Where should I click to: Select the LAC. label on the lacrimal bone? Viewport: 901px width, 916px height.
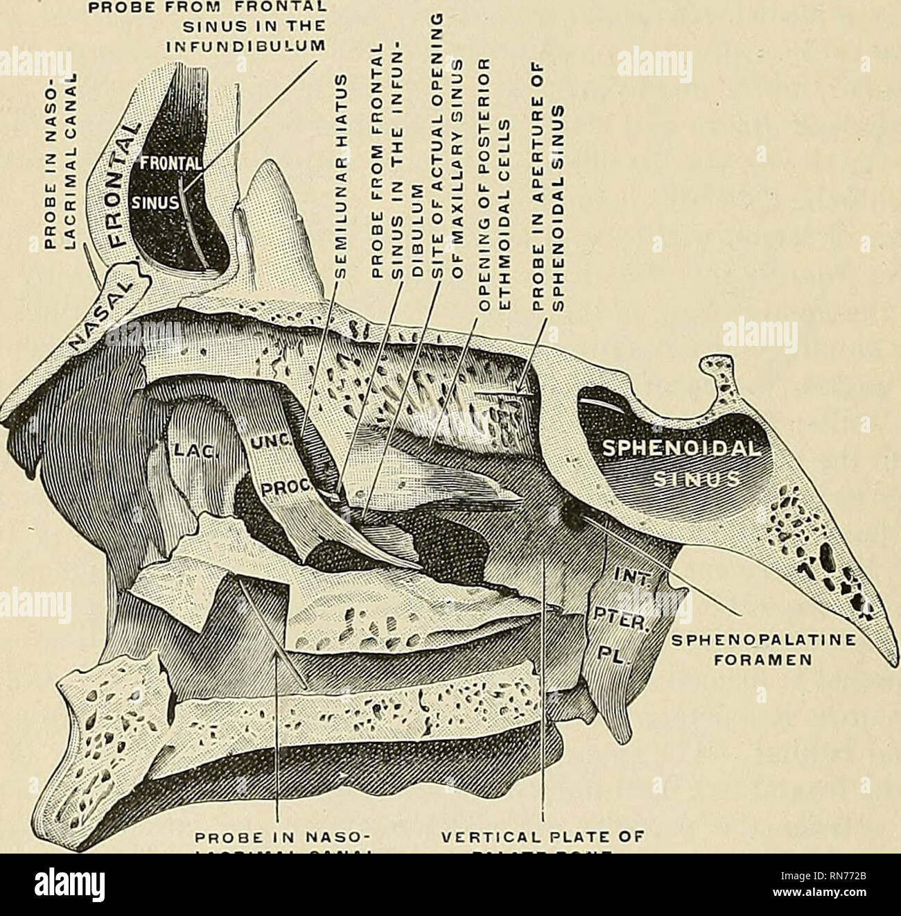185,449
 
